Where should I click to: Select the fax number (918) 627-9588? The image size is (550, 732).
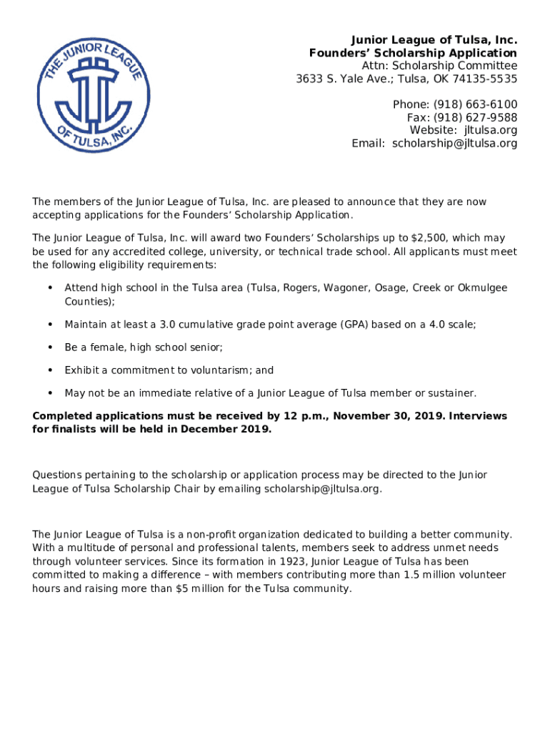tap(472, 118)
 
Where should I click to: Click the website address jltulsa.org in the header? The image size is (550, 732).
tap(491, 131)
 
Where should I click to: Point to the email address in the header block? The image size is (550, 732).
tap(454, 144)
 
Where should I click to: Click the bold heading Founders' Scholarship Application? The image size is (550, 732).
tap(413, 53)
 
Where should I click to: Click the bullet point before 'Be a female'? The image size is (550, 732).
tap(49, 347)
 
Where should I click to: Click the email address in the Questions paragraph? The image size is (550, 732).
tap(322, 489)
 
